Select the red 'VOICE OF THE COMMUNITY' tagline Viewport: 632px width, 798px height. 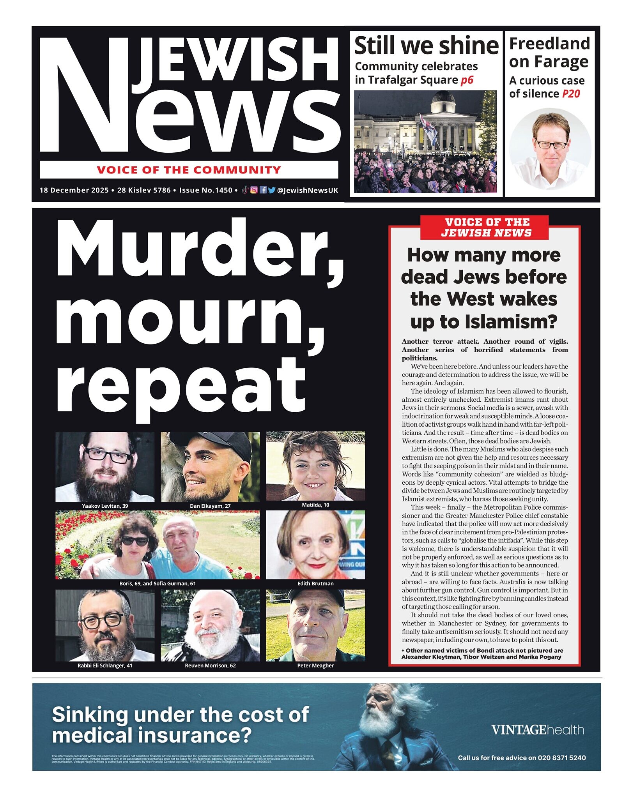point(189,170)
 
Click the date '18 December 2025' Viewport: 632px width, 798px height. point(74,190)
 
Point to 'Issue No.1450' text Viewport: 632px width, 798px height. point(205,190)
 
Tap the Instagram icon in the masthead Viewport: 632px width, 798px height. point(254,190)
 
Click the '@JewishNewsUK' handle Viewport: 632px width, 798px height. point(307,190)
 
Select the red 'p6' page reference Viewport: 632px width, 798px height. point(467,80)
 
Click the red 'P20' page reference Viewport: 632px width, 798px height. point(571,94)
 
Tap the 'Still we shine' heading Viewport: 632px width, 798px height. point(426,46)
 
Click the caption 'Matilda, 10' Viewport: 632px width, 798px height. point(315,505)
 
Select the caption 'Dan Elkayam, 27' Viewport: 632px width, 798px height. point(210,506)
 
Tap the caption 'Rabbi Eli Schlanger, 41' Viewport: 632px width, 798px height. point(105,666)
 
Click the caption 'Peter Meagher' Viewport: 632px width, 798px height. point(315,666)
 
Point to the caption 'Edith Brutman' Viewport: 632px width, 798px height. point(315,583)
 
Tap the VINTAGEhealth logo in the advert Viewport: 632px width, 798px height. point(537,730)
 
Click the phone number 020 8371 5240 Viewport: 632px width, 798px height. point(561,758)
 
